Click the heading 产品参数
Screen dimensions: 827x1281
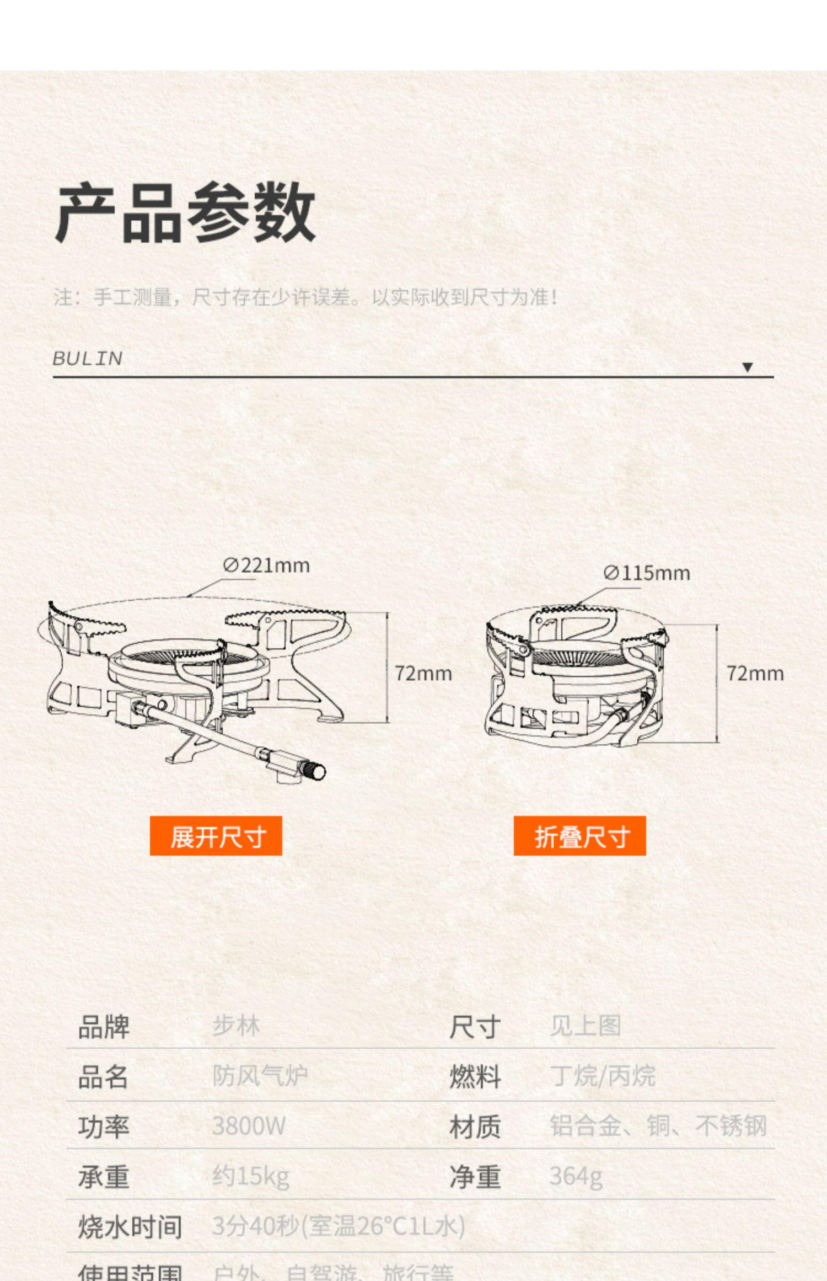(185, 213)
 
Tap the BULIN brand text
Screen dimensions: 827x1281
(87, 359)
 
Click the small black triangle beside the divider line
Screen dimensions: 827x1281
(747, 367)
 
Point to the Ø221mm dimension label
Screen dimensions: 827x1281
(266, 565)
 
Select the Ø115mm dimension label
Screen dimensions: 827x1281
(646, 573)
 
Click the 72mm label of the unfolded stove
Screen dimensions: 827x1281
(423, 674)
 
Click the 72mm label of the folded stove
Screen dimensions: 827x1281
(754, 674)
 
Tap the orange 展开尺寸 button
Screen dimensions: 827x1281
(216, 836)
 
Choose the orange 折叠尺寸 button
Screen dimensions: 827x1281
(579, 836)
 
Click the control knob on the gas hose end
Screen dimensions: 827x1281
(316, 771)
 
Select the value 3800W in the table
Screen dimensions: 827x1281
(249, 1126)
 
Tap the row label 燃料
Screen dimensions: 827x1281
(475, 1076)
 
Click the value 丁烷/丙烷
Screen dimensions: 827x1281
(602, 1076)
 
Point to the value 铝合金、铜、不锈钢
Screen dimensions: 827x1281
(658, 1126)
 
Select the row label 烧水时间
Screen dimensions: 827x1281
(130, 1226)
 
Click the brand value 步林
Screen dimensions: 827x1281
(236, 1026)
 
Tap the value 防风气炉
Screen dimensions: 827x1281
(260, 1076)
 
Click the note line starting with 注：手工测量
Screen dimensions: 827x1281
(306, 297)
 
